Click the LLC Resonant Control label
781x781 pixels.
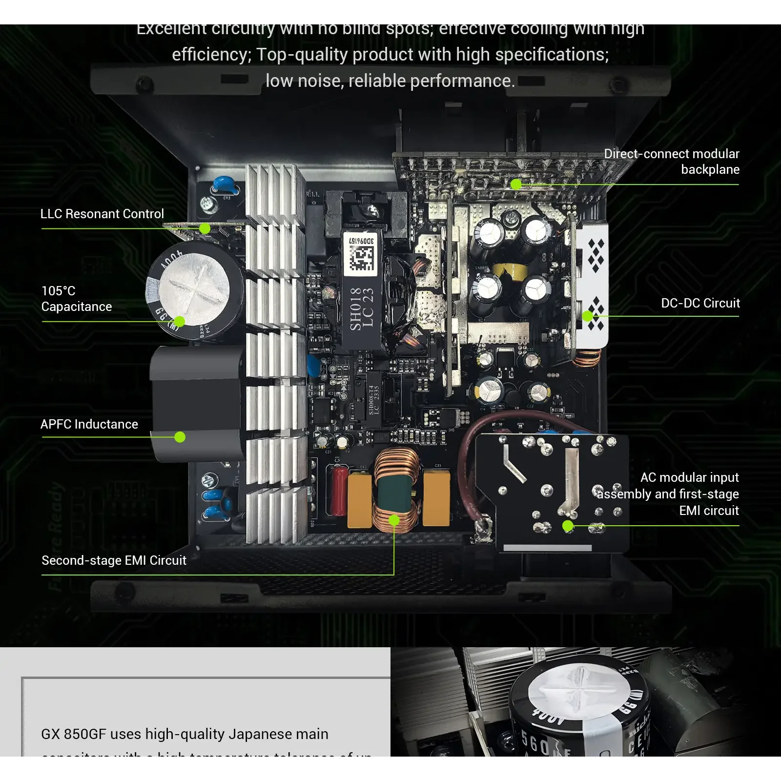(102, 214)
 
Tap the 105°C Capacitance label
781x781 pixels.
(76, 299)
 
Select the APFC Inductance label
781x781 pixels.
(89, 424)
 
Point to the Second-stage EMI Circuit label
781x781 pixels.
(114, 560)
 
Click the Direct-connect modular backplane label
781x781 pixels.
(672, 162)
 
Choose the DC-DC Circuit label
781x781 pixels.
(700, 303)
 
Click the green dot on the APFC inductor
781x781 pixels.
(180, 437)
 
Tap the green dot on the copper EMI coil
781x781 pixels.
(394, 520)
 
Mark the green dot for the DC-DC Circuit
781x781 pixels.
(588, 316)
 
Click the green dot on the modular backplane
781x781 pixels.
(516, 185)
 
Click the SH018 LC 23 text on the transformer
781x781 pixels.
(362, 309)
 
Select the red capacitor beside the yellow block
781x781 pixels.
(339, 491)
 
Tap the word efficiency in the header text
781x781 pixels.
(211, 54)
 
